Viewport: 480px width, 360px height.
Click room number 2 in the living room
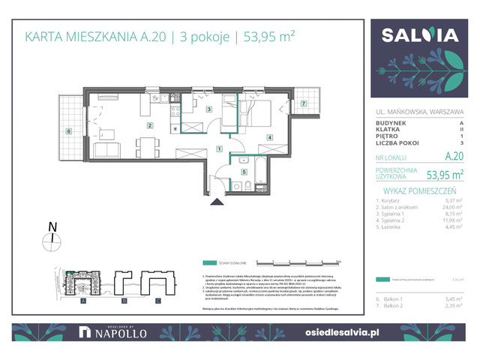150,126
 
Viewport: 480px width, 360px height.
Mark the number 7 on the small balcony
303,103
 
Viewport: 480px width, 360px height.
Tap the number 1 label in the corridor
219,148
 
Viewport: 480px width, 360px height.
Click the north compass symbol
51,238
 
